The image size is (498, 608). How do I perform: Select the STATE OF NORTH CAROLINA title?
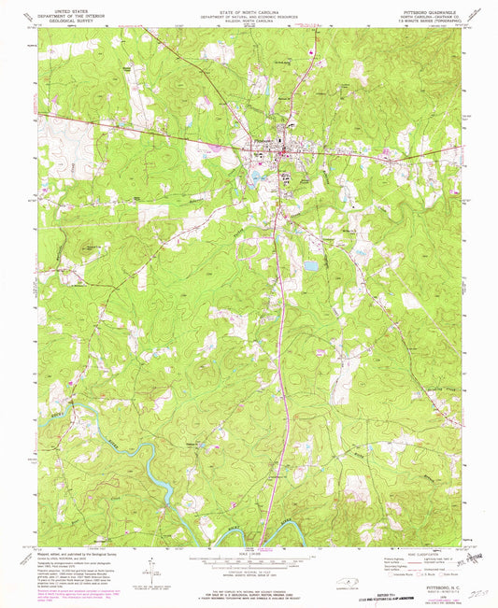(x=249, y=6)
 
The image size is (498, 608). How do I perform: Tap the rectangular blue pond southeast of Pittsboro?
(x=310, y=266)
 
